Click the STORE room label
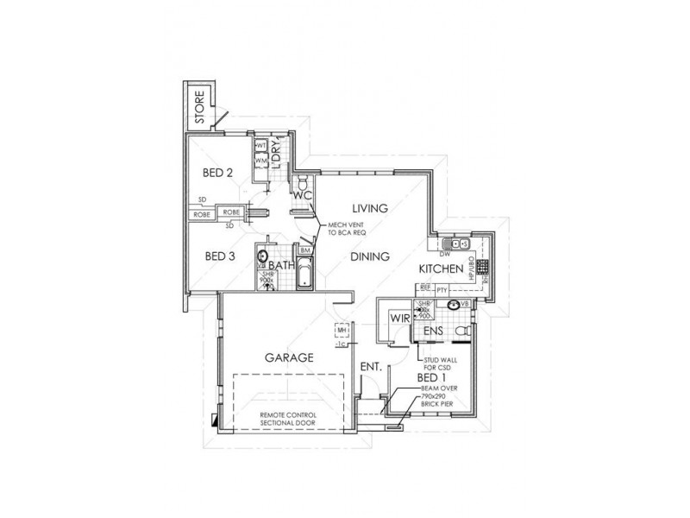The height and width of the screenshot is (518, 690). (198, 108)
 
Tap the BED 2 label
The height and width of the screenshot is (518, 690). (218, 172)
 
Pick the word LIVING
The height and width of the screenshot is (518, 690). (372, 208)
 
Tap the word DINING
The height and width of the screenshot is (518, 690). (372, 256)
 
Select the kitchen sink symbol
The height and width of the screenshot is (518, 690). (454, 243)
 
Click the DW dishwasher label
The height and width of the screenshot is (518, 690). (445, 255)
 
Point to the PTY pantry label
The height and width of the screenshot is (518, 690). (442, 291)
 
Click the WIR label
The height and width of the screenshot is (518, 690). (398, 319)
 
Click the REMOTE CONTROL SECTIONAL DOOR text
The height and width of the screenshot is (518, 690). (290, 420)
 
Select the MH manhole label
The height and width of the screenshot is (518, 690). (342, 330)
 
